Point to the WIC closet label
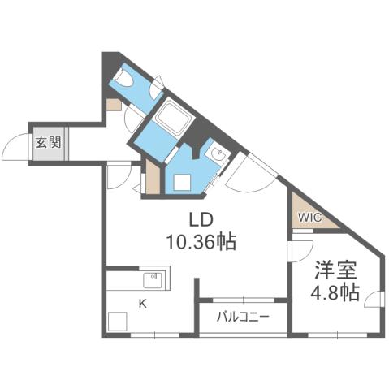309,217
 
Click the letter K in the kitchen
141,304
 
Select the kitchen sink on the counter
153,280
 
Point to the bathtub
173,119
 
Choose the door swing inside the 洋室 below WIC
300,250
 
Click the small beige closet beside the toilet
113,105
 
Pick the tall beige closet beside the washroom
153,176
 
